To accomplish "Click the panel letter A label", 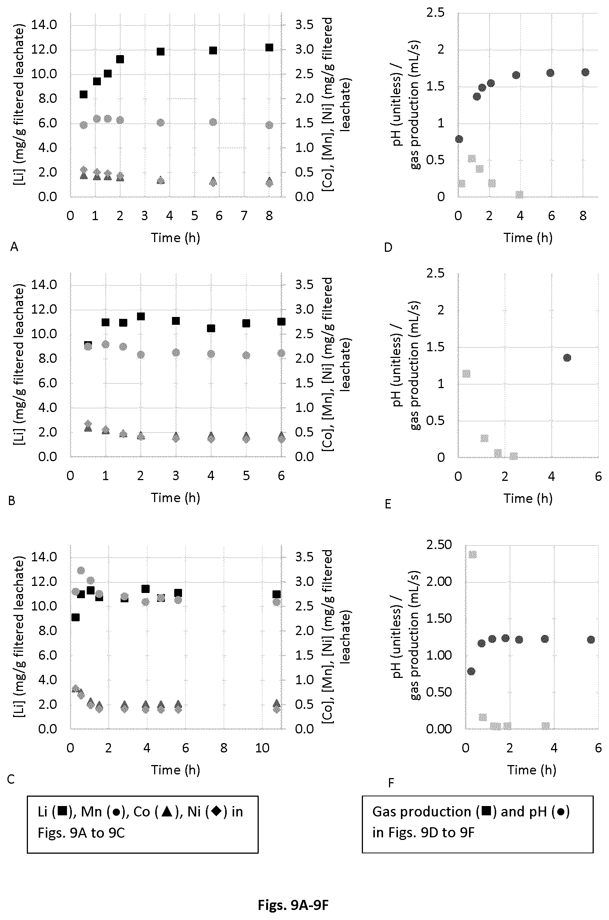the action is click(x=14, y=247).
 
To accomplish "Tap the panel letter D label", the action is click(x=388, y=247).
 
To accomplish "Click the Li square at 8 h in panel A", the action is click(x=269, y=48).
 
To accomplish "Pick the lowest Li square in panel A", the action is click(x=83, y=94).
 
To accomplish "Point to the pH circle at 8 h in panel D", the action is click(x=585, y=72).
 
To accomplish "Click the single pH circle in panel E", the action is click(x=567, y=358).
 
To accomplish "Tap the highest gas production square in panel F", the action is click(x=472, y=554).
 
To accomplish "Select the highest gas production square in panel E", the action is click(x=466, y=374).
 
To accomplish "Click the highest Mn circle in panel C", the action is click(x=81, y=571).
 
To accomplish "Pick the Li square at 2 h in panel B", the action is click(x=141, y=316).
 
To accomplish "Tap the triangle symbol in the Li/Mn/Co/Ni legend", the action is click(x=167, y=812).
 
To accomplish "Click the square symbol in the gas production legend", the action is click(x=487, y=812).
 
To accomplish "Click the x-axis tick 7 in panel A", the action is click(x=244, y=216).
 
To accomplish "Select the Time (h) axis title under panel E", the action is click(x=528, y=498).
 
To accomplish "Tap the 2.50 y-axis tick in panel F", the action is click(x=439, y=545).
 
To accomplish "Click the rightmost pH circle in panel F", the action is click(x=591, y=640).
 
